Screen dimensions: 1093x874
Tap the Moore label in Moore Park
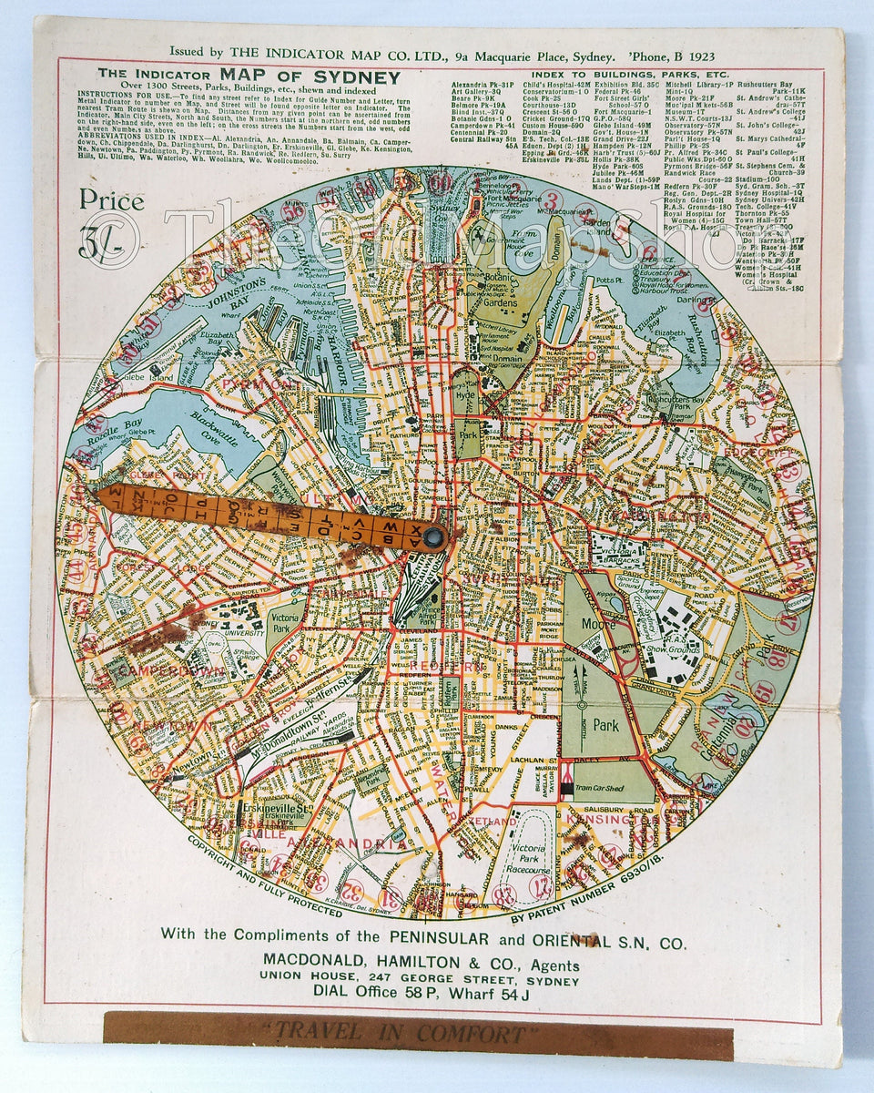597,626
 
